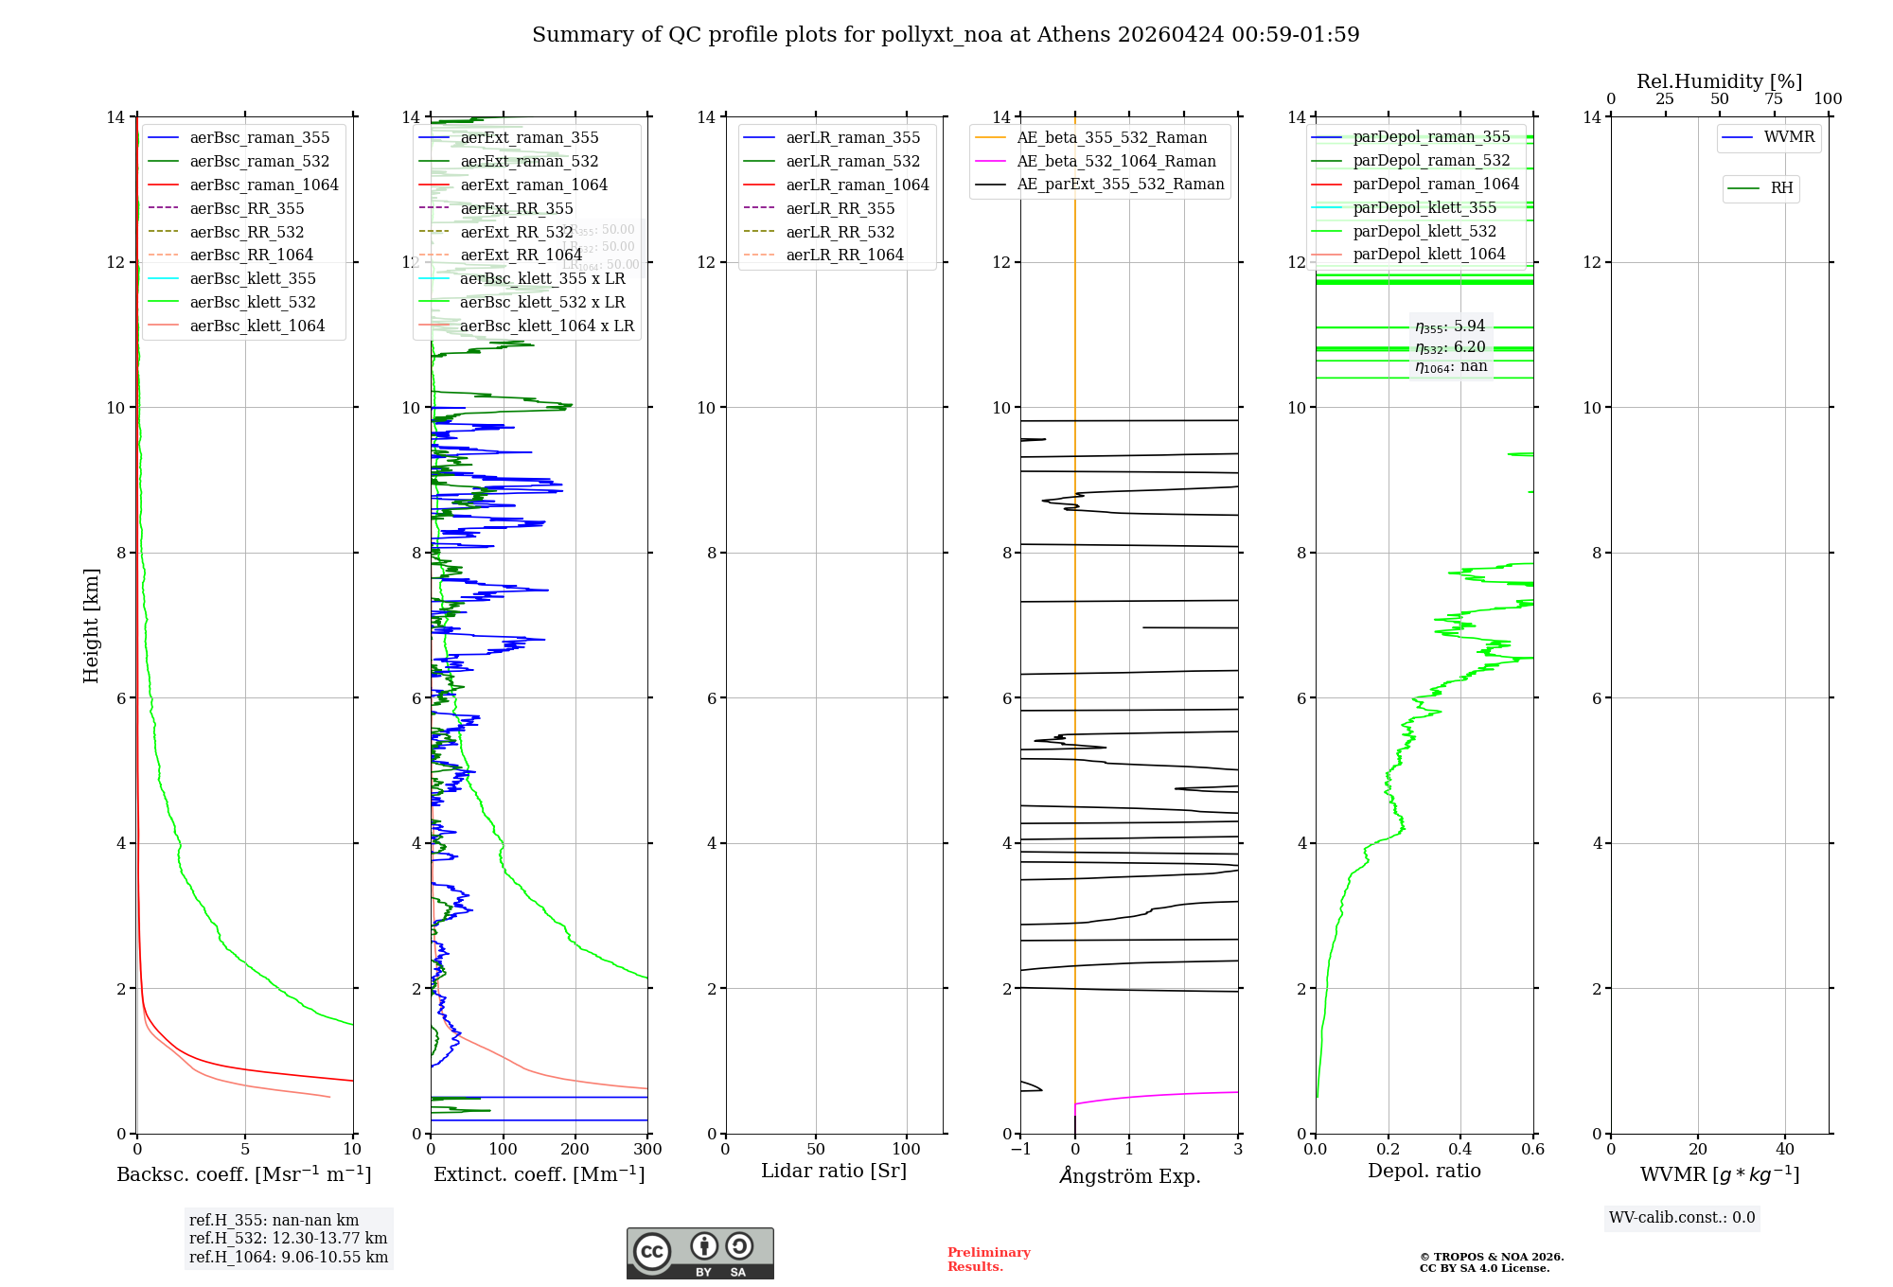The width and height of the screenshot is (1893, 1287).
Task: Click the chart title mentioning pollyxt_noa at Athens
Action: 946,35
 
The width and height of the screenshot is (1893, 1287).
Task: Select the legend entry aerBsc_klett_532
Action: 252,302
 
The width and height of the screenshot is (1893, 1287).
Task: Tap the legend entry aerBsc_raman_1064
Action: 263,185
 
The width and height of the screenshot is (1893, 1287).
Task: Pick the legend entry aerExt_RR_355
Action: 516,208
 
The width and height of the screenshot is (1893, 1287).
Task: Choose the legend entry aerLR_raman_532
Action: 852,161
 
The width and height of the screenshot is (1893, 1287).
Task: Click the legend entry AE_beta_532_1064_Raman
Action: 1116,161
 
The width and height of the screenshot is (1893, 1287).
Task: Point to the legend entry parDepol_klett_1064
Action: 1428,254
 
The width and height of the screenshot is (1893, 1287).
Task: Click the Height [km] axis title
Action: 91,625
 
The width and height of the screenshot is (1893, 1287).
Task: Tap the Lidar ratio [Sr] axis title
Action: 834,1171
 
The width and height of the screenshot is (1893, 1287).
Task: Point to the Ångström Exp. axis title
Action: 1129,1175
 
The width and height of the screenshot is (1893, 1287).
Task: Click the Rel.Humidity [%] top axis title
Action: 1719,81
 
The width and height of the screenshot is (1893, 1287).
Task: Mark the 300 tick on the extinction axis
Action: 647,1150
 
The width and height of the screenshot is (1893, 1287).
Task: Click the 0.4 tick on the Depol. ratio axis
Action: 1460,1150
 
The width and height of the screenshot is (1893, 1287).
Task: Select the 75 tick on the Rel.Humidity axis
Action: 1774,99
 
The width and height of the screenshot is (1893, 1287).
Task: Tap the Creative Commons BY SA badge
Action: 699,1253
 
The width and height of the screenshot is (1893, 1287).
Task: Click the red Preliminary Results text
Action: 988,1260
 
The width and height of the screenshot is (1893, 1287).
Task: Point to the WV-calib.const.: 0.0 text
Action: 1682,1218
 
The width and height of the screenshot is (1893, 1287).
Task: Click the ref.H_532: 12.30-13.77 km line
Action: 288,1238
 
